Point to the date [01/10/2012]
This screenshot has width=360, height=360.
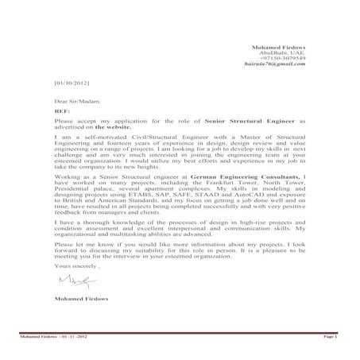click(71, 83)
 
